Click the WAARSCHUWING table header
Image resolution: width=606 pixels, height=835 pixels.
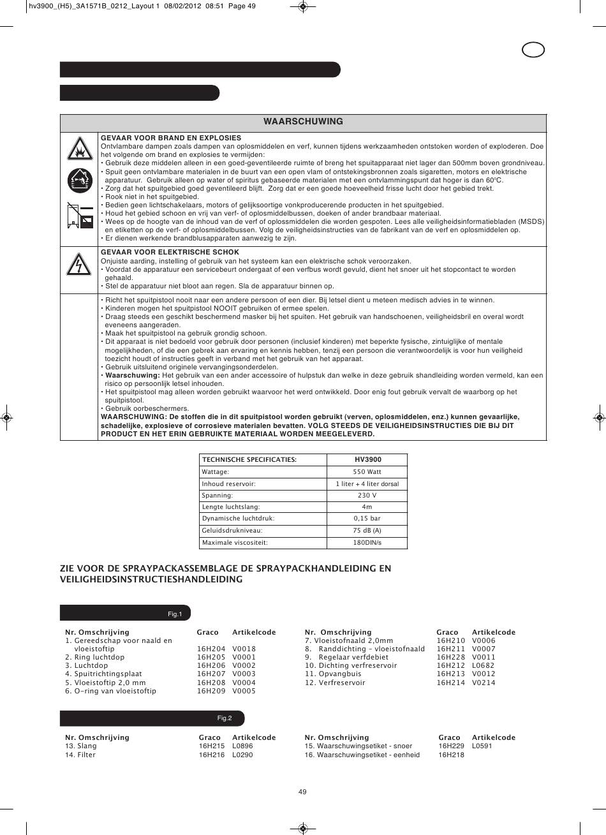[x=303, y=121]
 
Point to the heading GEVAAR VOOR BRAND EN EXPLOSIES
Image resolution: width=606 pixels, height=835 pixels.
[x=171, y=138]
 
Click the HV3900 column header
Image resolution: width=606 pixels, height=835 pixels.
[x=367, y=459]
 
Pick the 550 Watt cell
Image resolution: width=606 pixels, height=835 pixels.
[x=367, y=472]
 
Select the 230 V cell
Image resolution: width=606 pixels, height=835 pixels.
[x=367, y=495]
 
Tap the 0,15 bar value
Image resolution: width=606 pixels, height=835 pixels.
[x=367, y=519]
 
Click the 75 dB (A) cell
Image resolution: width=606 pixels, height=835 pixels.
[x=367, y=531]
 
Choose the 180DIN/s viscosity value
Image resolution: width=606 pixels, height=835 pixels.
[x=367, y=543]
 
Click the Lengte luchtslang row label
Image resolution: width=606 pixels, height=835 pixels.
[x=230, y=507]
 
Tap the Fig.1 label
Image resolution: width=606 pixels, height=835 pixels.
[x=175, y=614]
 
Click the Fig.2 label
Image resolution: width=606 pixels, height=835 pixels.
[x=224, y=718]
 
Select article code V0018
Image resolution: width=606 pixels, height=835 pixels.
[x=244, y=649]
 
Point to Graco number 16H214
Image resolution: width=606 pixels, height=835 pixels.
[x=448, y=683]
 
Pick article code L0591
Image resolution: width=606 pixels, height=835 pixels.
[x=482, y=746]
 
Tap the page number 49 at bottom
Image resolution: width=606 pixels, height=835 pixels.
[x=302, y=792]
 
